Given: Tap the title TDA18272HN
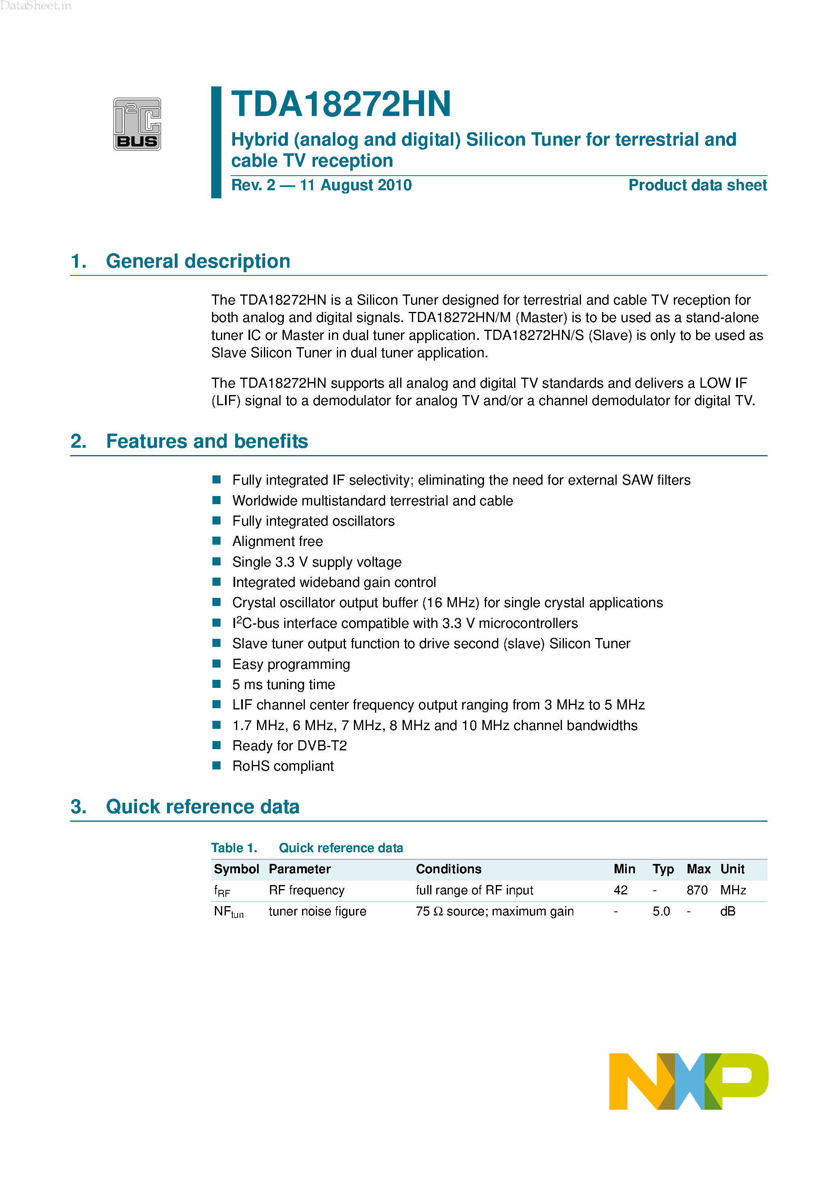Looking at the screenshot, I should [x=341, y=104].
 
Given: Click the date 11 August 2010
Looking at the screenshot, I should [x=355, y=185].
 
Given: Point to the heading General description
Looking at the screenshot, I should [x=198, y=261].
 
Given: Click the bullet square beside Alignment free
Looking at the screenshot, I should [x=217, y=541].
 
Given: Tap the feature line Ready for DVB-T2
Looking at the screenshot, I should [x=289, y=746].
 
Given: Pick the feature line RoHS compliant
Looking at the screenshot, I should [x=283, y=766].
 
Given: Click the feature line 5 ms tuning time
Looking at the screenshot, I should [x=283, y=684].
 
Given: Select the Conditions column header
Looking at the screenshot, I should [x=448, y=869].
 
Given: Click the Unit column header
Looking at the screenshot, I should [x=732, y=869].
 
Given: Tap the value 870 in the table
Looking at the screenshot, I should [x=697, y=891].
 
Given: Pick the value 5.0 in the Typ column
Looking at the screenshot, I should [x=661, y=912].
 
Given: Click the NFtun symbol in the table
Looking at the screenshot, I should [x=228, y=912].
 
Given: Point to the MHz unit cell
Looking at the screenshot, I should [x=733, y=891].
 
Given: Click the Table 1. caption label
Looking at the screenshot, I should [x=234, y=848].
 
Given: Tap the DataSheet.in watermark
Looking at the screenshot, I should [x=36, y=6].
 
